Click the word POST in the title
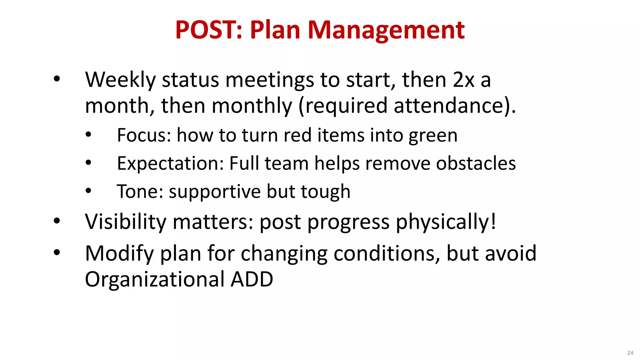coord(206,30)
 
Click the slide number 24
coord(630,353)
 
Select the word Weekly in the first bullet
coord(120,80)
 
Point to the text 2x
coord(464,80)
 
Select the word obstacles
coord(476,163)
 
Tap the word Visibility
coord(126,222)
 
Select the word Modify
coord(119,254)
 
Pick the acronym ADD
coord(252,279)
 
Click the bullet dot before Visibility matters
coord(57,221)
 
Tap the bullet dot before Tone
coord(88,191)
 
